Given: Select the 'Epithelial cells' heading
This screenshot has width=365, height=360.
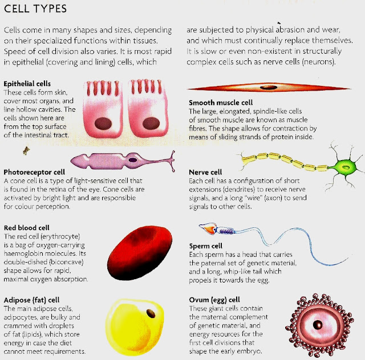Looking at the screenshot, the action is point(27,84).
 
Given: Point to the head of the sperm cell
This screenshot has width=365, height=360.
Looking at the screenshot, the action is point(210,230).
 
